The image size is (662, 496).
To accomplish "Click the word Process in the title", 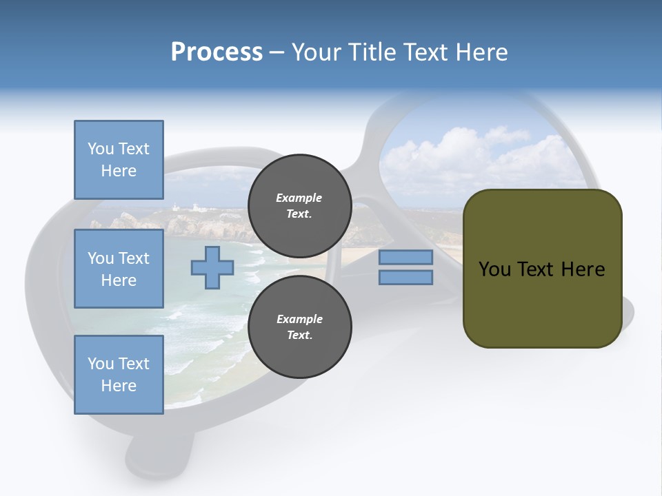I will pyautogui.click(x=217, y=52).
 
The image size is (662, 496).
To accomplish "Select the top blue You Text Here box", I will pyautogui.click(x=119, y=160).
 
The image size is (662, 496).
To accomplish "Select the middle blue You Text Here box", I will pyautogui.click(x=119, y=269).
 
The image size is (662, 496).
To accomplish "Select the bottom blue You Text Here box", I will pyautogui.click(x=119, y=375).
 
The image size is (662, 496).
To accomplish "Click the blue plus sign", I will pyautogui.click(x=212, y=267).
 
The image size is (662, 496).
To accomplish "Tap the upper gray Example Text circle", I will pyautogui.click(x=299, y=205).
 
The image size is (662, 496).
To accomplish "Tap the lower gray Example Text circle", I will pyautogui.click(x=299, y=327).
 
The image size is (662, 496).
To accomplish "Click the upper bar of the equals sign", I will pyautogui.click(x=405, y=257).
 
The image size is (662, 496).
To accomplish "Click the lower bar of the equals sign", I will pyautogui.click(x=405, y=277).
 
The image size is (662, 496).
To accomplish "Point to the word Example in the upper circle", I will pyautogui.click(x=299, y=198).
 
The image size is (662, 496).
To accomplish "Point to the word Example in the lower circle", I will pyautogui.click(x=299, y=319).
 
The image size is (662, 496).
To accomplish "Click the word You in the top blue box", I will pyautogui.click(x=100, y=149).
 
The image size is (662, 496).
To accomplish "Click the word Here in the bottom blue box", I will pyautogui.click(x=119, y=386).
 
